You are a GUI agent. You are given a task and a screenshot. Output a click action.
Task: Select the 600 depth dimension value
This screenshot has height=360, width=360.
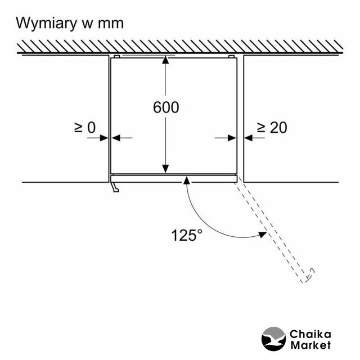166,107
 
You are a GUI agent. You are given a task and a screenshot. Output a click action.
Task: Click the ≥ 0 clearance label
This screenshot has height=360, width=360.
84,128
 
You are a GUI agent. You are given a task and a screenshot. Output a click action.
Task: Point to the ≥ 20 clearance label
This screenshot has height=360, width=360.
272,128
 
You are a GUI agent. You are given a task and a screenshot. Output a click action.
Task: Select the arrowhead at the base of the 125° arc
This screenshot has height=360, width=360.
187,180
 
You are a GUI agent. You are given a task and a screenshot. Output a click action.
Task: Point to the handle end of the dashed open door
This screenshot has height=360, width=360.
309,276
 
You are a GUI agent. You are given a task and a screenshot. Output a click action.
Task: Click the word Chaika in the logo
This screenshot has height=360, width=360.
310,334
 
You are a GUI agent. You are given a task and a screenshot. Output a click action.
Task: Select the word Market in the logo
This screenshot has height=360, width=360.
310,345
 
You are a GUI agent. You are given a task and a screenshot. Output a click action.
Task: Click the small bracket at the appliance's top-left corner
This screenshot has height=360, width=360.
116,57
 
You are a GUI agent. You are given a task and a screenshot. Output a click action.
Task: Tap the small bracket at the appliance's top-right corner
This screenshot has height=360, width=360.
231,57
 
